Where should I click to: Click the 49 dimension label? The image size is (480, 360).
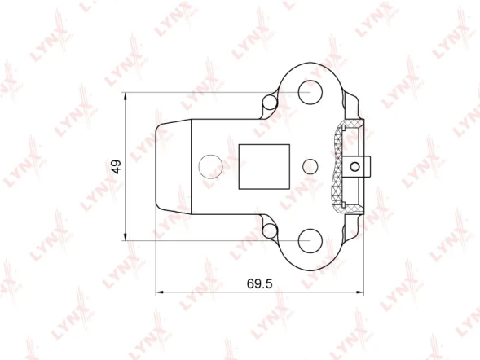117,167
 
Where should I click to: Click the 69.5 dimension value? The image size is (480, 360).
259,283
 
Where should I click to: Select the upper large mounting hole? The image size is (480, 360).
310,92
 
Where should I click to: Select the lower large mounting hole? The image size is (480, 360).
310,241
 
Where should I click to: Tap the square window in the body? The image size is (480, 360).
264,167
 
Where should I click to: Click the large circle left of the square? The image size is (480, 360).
210,167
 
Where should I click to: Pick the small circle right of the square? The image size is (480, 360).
310,167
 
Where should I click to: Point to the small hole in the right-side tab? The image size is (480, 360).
355,167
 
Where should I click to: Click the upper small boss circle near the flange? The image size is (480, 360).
270,102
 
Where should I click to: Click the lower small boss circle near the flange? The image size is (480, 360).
270,231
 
